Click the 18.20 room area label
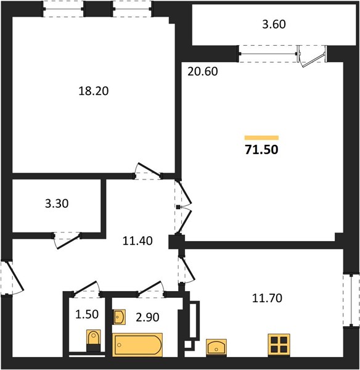tap(94, 91)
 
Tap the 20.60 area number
tap(203, 72)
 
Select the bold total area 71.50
tap(261, 150)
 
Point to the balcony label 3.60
tap(274, 24)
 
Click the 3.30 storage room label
tap(57, 203)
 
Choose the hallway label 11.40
tap(137, 241)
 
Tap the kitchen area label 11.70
tap(267, 298)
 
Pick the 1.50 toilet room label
tap(87, 314)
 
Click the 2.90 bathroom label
tap(147, 318)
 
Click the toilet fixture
tap(94, 340)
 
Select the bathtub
tap(137, 345)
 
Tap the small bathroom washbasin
tap(120, 317)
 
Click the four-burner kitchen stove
tap(279, 345)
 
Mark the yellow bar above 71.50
tap(261, 138)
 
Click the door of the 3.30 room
tap(68, 241)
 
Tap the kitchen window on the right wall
tap(351, 300)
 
